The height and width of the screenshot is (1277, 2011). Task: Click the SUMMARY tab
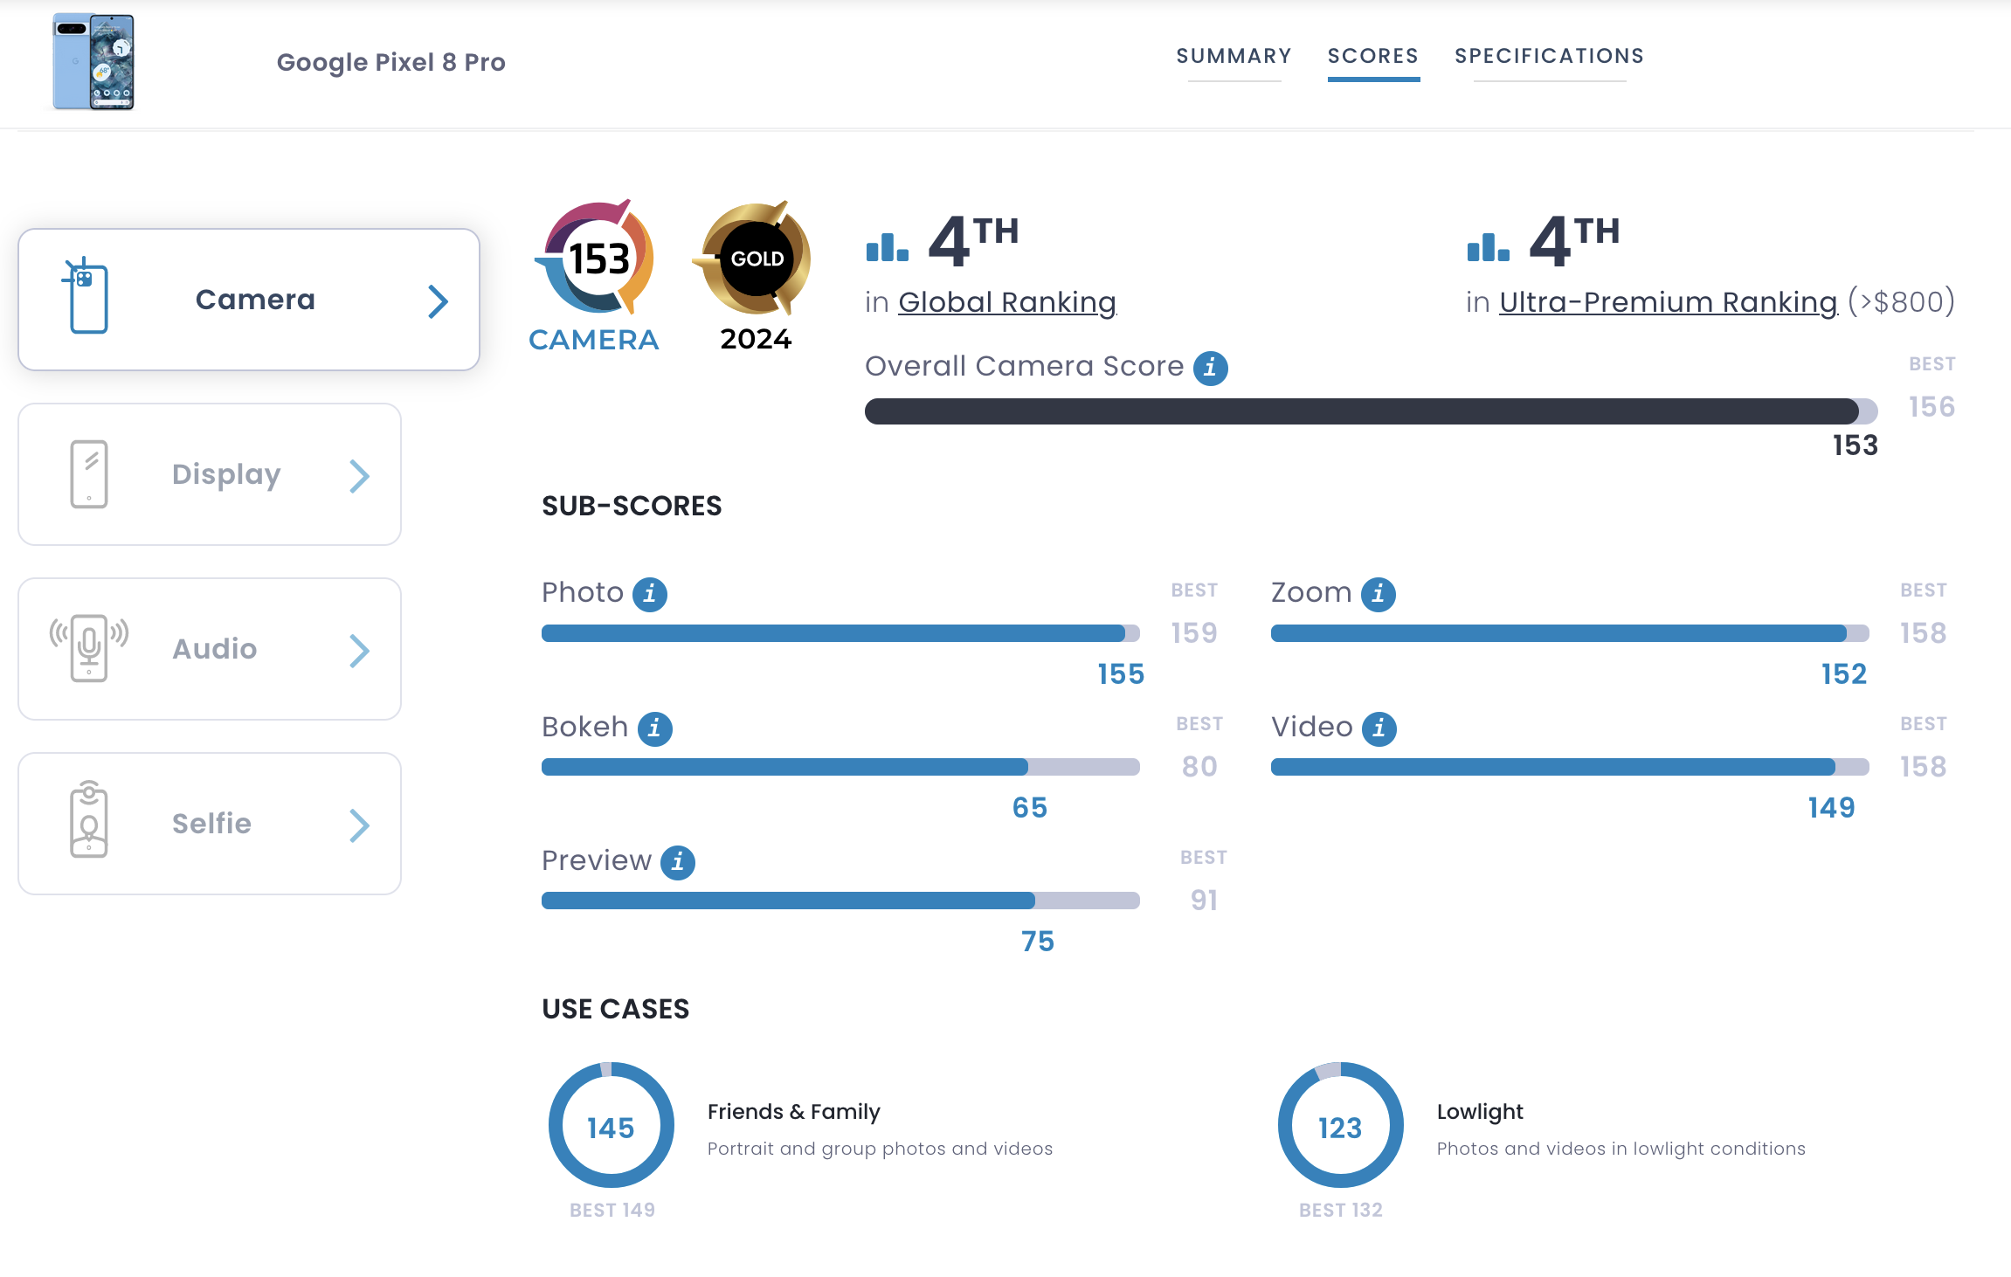point(1234,56)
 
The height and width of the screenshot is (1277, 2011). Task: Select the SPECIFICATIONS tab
point(1549,56)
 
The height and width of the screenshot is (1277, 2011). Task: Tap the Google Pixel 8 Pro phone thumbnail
point(93,61)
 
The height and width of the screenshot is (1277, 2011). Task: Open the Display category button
point(210,474)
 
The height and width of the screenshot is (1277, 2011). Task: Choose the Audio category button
point(210,649)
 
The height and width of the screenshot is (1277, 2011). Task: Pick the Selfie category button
point(210,824)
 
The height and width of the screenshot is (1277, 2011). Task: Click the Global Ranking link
point(1006,302)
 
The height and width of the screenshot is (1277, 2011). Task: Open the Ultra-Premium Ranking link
point(1668,302)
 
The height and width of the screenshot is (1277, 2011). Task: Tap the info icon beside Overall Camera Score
point(1210,368)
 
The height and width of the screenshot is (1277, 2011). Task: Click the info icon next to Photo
point(650,594)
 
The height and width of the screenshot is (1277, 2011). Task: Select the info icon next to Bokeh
point(654,728)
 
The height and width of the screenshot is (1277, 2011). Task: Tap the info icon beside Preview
point(677,862)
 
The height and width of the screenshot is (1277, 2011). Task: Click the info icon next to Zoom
point(1378,594)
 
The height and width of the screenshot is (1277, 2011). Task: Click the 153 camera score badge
point(598,259)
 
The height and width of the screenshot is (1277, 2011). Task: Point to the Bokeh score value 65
point(1029,808)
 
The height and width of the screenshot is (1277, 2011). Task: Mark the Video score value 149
point(1831,808)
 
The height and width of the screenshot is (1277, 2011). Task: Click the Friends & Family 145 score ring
point(611,1125)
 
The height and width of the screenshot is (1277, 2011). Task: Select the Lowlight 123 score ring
point(1340,1125)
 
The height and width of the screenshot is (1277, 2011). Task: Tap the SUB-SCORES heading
point(632,506)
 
